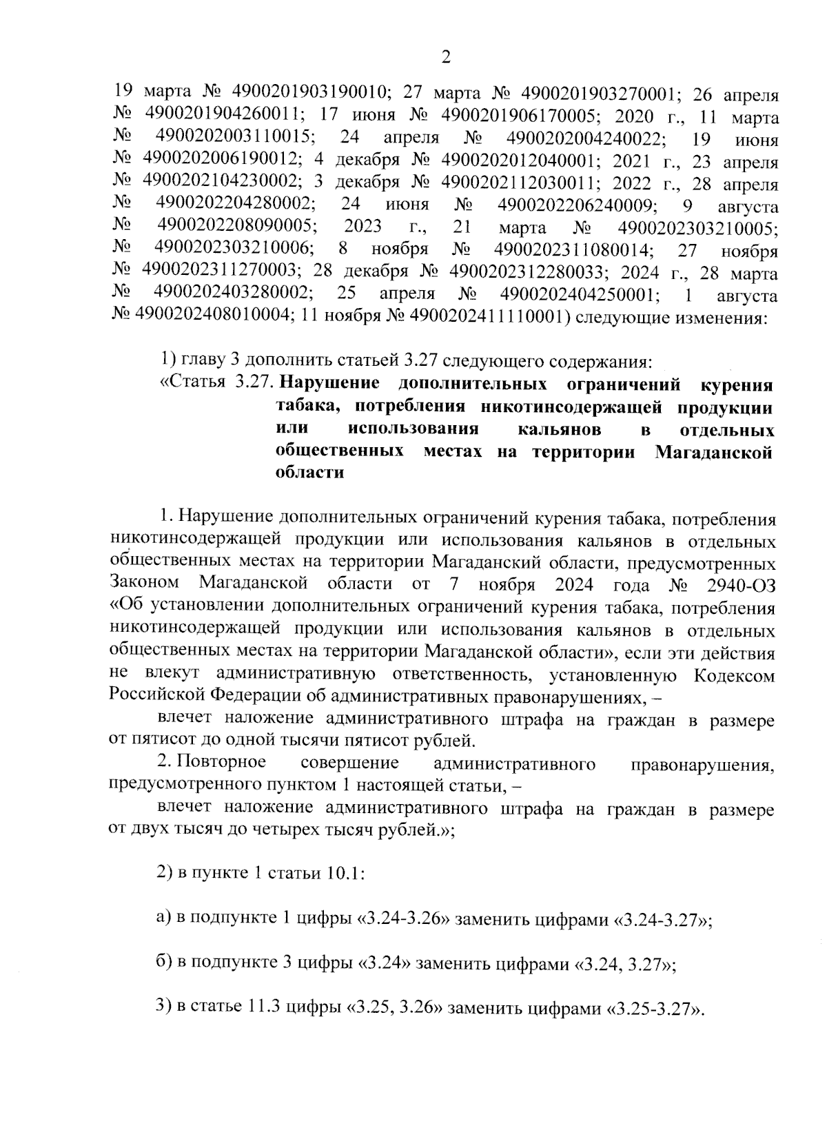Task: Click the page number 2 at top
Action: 445,58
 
